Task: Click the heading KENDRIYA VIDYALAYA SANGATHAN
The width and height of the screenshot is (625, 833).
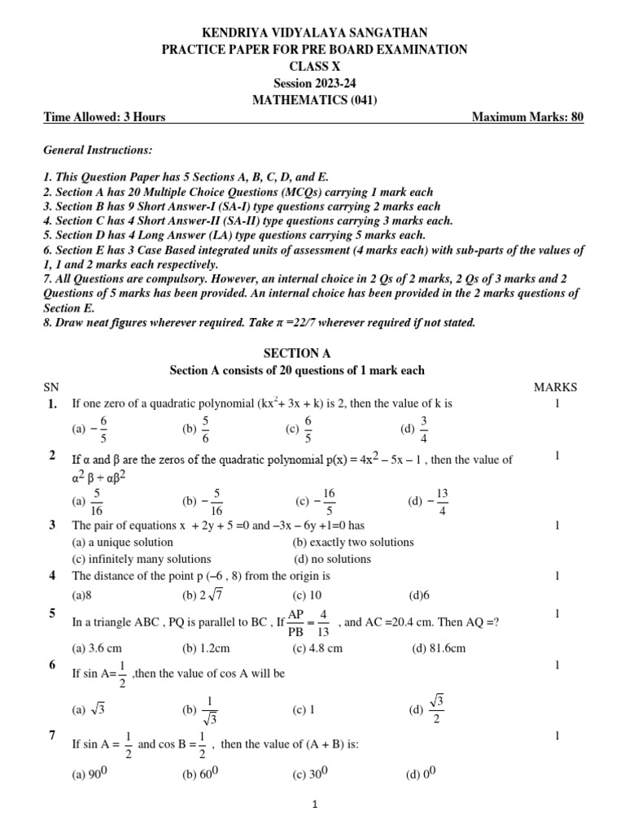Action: coord(313,32)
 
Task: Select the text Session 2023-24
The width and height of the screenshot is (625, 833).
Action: coord(313,83)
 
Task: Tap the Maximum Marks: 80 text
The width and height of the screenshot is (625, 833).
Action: coord(527,117)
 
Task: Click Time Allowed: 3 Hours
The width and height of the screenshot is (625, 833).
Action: coord(104,117)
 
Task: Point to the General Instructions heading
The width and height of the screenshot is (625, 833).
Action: coord(97,151)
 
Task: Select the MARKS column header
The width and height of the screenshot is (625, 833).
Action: coord(555,387)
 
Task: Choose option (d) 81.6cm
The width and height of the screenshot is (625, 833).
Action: coord(439,648)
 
